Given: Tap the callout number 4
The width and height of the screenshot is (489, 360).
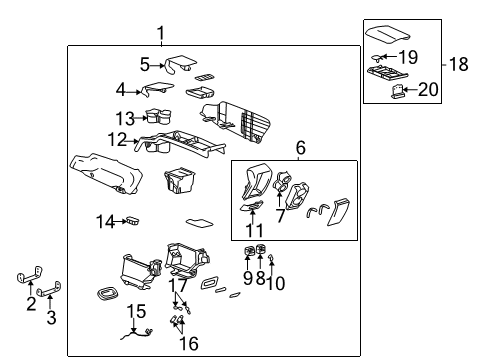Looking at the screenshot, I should (121, 89).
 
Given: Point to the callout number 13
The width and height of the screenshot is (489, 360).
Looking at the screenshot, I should (124, 117).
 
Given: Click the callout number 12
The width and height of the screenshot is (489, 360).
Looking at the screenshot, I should (117, 139).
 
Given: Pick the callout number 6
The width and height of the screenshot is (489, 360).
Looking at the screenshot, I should (299, 147).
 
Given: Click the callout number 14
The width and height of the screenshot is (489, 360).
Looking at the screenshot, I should (105, 220).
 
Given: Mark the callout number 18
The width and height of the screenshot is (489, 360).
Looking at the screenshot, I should (459, 65).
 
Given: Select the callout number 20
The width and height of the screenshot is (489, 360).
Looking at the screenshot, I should (428, 90).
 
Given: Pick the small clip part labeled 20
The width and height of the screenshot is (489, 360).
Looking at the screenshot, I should (398, 93).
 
